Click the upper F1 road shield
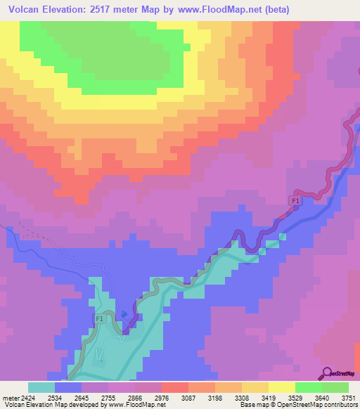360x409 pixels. [x=296, y=202]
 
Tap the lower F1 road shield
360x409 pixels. [x=99, y=319]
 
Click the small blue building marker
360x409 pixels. [x=124, y=314]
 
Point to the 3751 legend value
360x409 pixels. [x=348, y=397]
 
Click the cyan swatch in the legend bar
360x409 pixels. [x=41, y=387]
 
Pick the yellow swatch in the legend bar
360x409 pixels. [x=281, y=387]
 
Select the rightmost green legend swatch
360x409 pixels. [x=335, y=387]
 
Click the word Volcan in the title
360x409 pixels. [x=23, y=10]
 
